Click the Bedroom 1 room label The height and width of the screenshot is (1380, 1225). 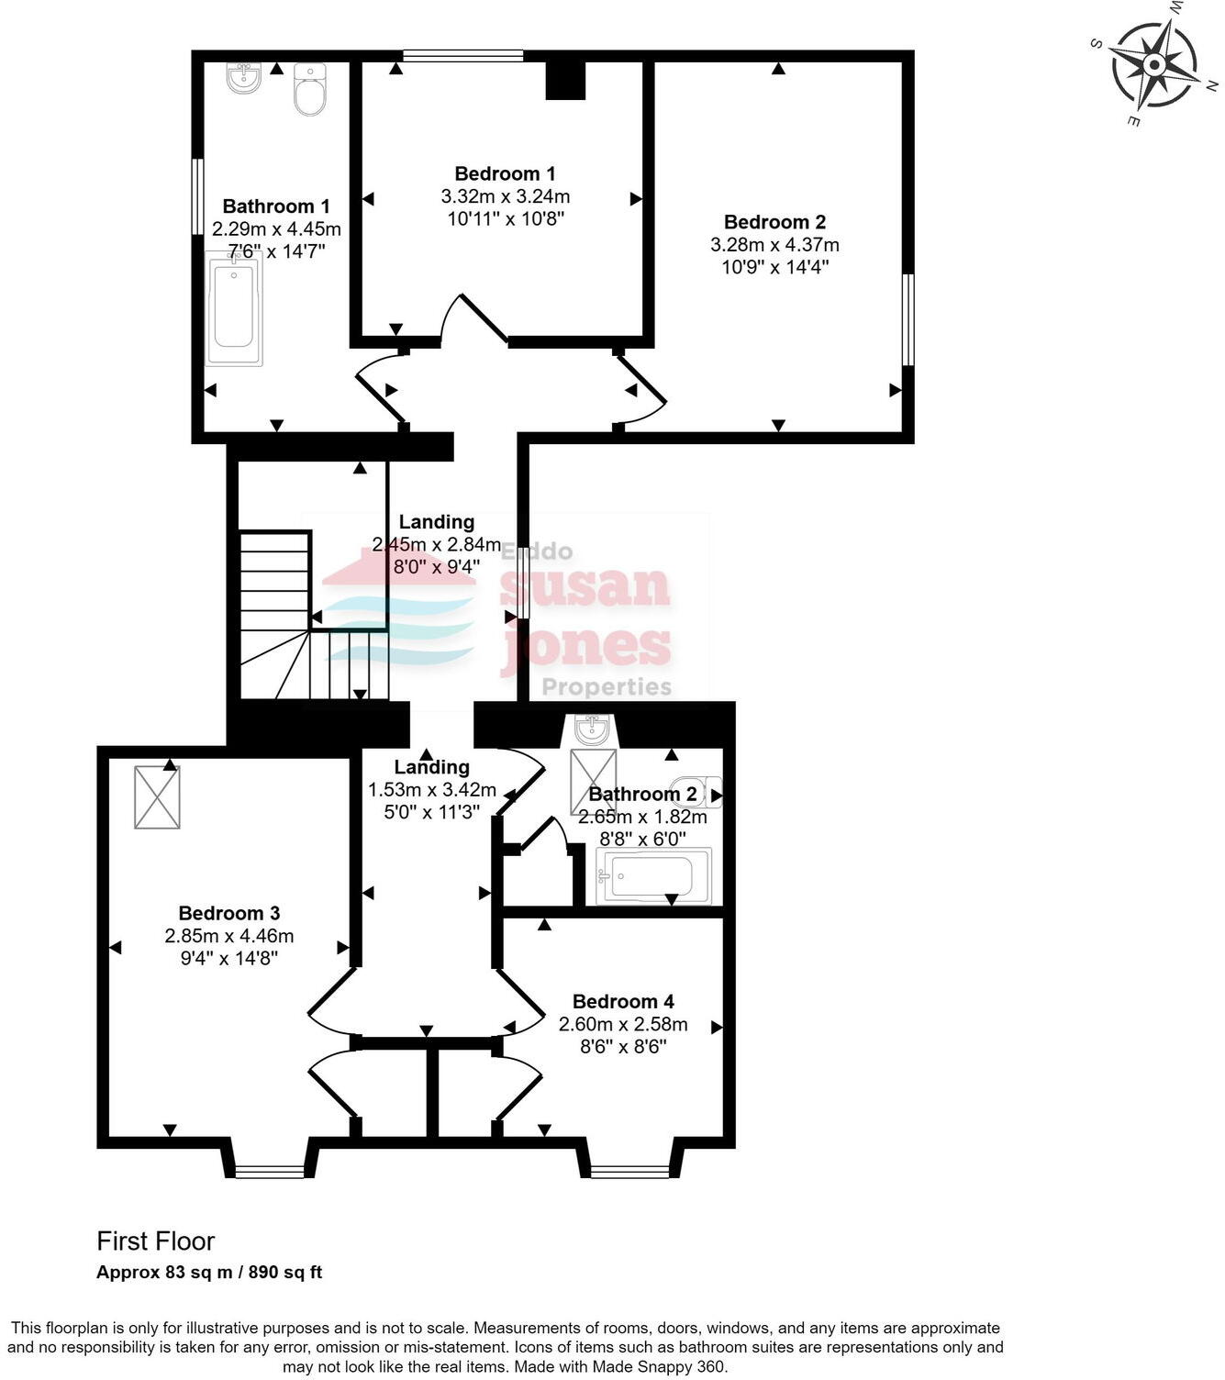tap(505, 173)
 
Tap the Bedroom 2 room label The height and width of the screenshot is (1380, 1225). tap(774, 222)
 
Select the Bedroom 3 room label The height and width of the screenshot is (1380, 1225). tap(228, 913)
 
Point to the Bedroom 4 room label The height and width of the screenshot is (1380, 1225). tap(622, 1001)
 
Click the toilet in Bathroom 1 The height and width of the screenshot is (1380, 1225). tap(310, 90)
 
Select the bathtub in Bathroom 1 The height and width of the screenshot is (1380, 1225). tap(234, 309)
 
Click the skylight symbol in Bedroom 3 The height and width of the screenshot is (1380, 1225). tap(157, 797)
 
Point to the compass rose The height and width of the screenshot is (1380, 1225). tap(1153, 65)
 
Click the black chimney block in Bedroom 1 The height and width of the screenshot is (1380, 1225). tap(565, 80)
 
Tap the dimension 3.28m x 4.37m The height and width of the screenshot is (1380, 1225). tap(774, 245)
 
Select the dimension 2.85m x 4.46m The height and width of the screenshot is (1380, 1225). tap(228, 936)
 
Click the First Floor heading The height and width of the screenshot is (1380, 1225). tap(156, 1241)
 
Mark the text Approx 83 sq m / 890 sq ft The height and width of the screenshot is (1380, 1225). tap(209, 1273)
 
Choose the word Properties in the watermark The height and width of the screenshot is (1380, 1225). tap(607, 686)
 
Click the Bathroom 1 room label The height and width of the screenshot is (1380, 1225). tap(275, 206)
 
